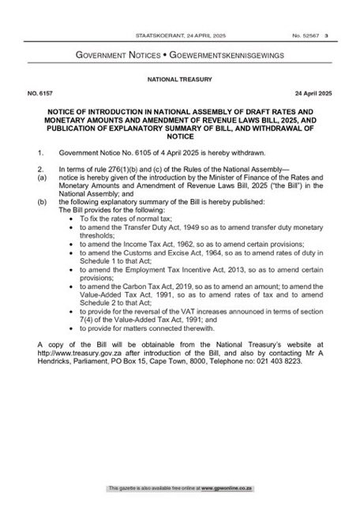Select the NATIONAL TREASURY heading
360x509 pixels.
179,80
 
